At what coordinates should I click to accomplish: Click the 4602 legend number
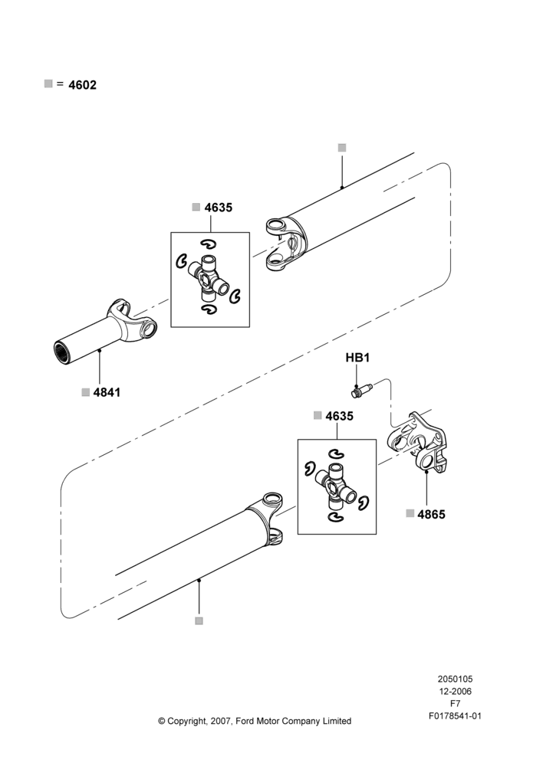click(82, 85)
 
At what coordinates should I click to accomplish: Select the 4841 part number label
click(107, 392)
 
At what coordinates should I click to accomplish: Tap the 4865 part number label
click(432, 514)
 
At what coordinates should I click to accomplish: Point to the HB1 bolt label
click(357, 358)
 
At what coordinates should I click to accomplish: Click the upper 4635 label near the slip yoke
click(218, 208)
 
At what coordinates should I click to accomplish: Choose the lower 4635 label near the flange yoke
click(339, 416)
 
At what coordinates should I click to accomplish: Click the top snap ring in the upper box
click(208, 244)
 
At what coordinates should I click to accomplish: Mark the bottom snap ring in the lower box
click(335, 517)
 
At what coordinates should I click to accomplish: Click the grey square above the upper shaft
click(342, 148)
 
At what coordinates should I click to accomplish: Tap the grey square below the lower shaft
click(199, 621)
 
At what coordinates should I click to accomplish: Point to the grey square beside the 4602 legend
click(48, 83)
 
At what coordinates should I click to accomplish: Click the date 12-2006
click(455, 691)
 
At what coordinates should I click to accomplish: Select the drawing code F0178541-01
click(455, 716)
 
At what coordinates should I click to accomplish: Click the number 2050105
click(455, 679)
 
